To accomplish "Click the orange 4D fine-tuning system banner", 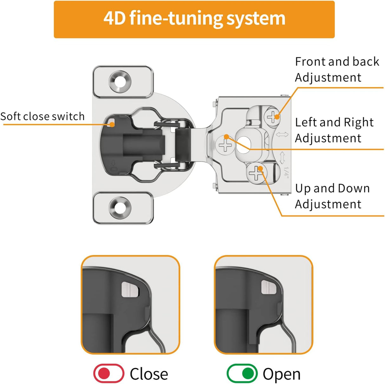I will [x=194, y=19].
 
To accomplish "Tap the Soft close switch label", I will [x=42, y=116].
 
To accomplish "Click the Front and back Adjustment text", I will [x=337, y=69].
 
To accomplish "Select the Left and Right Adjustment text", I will [x=334, y=130].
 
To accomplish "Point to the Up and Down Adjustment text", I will [x=332, y=196].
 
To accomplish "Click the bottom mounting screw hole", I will [x=120, y=208].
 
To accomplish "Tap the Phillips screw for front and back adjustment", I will [x=272, y=117].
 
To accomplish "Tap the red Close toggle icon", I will [x=108, y=374].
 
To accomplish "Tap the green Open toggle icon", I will [x=242, y=374].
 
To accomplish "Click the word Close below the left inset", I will [x=149, y=374].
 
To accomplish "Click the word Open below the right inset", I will [x=281, y=374].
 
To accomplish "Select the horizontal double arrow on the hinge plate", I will [x=282, y=135].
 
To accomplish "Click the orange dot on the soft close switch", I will [x=112, y=125].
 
